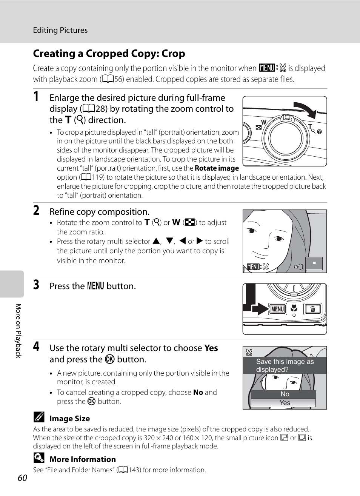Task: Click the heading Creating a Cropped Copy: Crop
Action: (109, 54)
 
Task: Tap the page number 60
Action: (22, 478)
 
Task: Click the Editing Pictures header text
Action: (60, 30)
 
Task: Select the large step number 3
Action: (36, 285)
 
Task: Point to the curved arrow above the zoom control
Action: (306, 109)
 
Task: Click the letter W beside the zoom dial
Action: (264, 122)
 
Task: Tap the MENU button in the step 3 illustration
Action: (277, 309)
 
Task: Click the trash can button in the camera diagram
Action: (312, 309)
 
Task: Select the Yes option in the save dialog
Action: (285, 403)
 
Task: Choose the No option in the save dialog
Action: (285, 394)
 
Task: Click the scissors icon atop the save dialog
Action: (249, 353)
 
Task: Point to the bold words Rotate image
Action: (217, 168)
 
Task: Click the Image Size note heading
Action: (70, 419)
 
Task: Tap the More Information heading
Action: (83, 459)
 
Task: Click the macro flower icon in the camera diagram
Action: (294, 308)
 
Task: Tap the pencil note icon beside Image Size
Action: (39, 417)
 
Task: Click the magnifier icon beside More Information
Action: (39, 458)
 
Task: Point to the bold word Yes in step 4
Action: (211, 348)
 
